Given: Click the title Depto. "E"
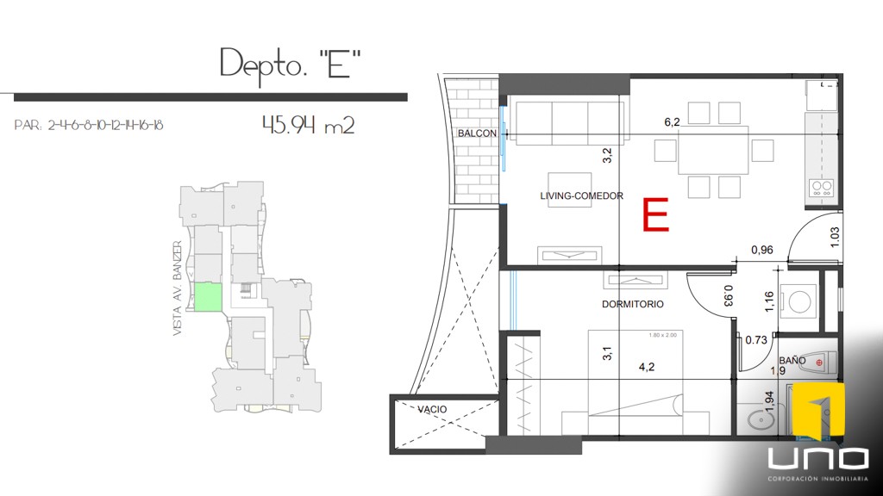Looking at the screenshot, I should click(x=290, y=65).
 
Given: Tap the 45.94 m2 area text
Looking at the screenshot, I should click(x=308, y=126).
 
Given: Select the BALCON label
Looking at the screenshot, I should click(x=477, y=133).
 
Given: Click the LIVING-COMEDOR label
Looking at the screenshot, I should click(x=581, y=196).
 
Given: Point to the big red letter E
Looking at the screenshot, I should click(x=656, y=215).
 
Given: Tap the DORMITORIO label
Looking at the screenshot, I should click(x=631, y=304).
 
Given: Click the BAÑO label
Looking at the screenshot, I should click(x=792, y=362).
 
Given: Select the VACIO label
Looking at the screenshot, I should click(x=432, y=409).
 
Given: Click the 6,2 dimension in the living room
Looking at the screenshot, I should click(x=672, y=122).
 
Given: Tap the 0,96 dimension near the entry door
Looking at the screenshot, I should click(x=761, y=251).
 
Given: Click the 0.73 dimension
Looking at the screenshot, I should click(x=756, y=340).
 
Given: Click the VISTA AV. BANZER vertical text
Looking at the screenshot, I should click(x=178, y=288).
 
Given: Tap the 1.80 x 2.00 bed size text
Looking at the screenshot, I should click(x=662, y=335).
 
